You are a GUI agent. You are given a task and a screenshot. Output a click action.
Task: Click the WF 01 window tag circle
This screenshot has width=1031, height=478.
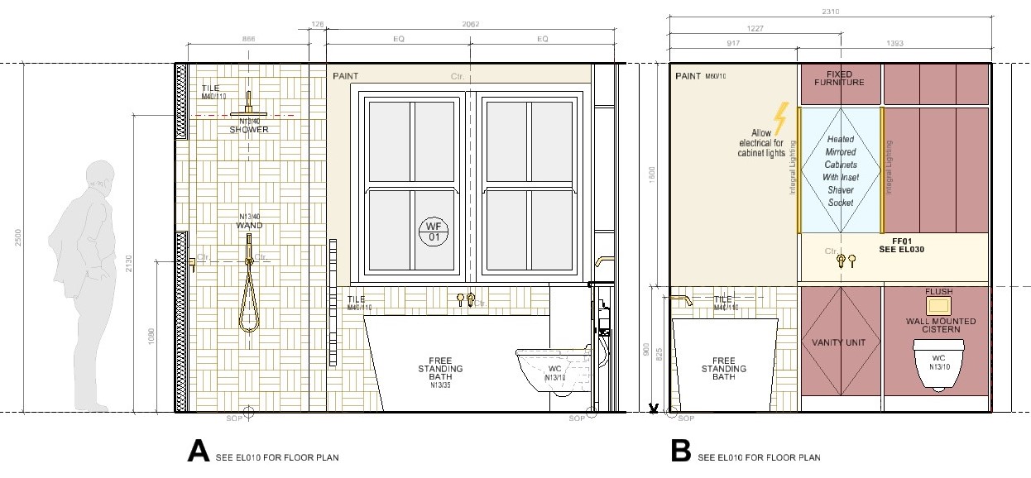click(x=433, y=232)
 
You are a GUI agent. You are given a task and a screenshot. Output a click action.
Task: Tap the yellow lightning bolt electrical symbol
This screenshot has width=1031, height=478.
click(x=779, y=117)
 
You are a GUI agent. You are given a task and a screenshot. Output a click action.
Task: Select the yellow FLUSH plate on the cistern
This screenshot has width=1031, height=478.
click(x=939, y=303)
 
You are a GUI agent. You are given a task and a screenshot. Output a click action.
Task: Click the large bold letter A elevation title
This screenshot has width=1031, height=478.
click(x=199, y=451)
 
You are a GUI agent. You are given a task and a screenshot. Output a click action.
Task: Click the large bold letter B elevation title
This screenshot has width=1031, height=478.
click(x=680, y=451)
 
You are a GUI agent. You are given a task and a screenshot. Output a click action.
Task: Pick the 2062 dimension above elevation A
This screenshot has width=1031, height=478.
click(x=469, y=26)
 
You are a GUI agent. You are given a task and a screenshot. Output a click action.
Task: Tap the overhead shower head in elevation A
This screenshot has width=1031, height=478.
click(x=249, y=111)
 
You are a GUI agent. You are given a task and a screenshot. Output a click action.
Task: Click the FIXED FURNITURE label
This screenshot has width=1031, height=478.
click(x=839, y=78)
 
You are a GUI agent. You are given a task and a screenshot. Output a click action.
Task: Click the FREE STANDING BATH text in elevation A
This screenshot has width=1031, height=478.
click(x=439, y=369)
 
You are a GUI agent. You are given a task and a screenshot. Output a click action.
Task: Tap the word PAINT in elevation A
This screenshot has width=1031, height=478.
click(x=346, y=76)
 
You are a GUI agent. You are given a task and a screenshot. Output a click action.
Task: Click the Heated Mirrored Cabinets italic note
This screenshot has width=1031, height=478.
click(x=840, y=171)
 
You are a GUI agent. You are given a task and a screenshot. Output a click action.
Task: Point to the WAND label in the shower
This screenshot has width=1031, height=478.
click(x=249, y=225)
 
